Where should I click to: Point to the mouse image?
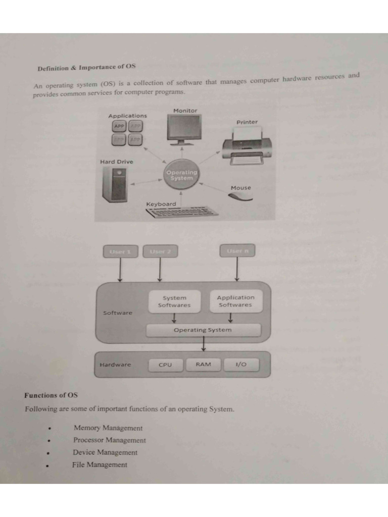tap(240, 196)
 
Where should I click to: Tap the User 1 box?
tap(120, 251)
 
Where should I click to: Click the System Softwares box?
tap(174, 301)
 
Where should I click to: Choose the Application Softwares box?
tap(235, 301)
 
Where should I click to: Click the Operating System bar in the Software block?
tap(203, 330)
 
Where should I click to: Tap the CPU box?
tap(165, 365)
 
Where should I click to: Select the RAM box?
tap(203, 365)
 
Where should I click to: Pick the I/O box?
tap(240, 365)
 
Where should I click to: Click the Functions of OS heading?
tap(51, 395)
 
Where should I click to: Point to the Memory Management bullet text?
tap(108, 428)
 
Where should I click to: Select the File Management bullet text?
tap(100, 465)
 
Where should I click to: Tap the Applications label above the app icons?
tap(128, 116)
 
